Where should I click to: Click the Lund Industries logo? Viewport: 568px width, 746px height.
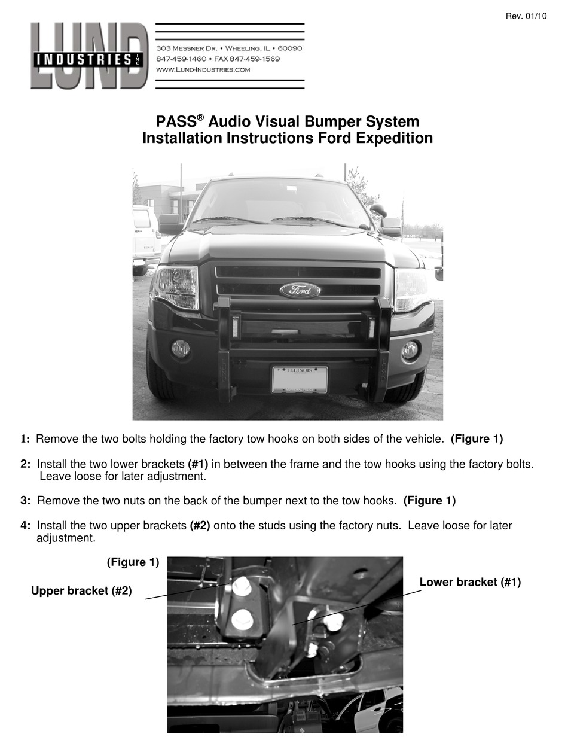(x=88, y=56)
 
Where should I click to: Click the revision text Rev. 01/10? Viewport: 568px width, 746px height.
(x=526, y=16)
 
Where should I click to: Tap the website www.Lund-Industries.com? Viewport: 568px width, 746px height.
(x=203, y=69)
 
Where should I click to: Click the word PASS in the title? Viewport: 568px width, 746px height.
(x=176, y=122)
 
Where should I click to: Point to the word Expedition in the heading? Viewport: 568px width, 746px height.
(x=390, y=138)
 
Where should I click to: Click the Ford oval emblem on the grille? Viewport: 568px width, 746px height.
(x=300, y=290)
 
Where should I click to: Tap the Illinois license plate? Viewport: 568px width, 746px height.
(x=300, y=379)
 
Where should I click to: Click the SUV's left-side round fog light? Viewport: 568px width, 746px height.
(x=180, y=349)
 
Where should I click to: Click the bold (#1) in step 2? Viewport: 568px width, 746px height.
(x=198, y=464)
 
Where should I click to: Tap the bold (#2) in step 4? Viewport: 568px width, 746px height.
(x=200, y=526)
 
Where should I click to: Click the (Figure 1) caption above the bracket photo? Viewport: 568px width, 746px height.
(x=133, y=562)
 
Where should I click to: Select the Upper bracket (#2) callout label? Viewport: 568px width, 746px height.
(x=81, y=591)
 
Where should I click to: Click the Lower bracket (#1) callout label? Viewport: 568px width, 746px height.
(x=470, y=582)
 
